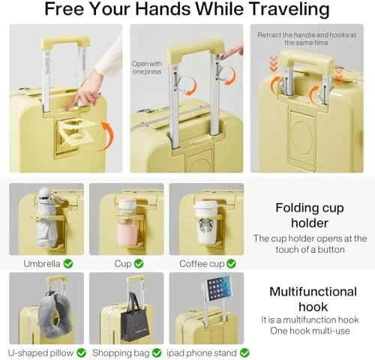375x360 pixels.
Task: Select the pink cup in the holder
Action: coord(127,223)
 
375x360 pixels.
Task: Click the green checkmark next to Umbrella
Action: coord(68,264)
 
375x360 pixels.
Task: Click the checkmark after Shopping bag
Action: coord(156,352)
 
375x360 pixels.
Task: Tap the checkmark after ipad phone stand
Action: coord(244,352)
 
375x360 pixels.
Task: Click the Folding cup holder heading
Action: coord(309,215)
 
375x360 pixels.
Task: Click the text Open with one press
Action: coord(148,68)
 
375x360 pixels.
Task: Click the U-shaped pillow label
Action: coord(41,352)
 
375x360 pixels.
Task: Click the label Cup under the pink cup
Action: coord(122,264)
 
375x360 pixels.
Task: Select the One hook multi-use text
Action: coord(308,331)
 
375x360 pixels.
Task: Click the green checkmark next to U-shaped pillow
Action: coord(81,352)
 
